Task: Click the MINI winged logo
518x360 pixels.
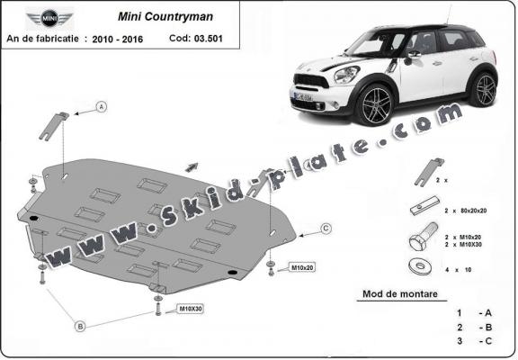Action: click(44, 17)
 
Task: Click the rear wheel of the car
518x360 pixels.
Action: click(484, 88)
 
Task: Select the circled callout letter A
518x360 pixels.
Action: click(102, 107)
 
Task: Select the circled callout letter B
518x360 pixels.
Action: click(80, 325)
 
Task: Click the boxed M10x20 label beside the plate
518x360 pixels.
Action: click(301, 267)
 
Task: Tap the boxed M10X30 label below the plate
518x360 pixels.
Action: click(190, 309)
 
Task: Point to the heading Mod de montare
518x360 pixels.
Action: click(397, 293)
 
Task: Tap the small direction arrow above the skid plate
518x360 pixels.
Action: click(192, 166)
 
